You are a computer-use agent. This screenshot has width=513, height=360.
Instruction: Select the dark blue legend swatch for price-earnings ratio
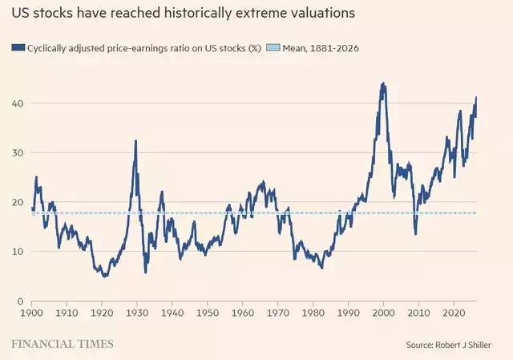tap(18, 48)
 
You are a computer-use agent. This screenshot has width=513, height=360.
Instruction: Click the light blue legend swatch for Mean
tap(273, 48)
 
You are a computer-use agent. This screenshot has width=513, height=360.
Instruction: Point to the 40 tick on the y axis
tap(18, 103)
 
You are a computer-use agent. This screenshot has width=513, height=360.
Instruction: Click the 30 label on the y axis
tap(18, 153)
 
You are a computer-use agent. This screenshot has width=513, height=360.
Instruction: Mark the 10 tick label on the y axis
tap(18, 251)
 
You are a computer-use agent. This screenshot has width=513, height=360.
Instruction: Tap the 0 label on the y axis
tap(20, 301)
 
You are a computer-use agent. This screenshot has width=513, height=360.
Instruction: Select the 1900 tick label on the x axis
tap(31, 313)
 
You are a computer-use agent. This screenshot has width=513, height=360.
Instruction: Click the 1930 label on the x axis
tap(137, 313)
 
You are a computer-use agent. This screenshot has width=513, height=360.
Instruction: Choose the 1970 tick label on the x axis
tap(278, 313)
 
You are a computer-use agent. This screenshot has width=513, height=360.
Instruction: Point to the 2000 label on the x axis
tap(383, 313)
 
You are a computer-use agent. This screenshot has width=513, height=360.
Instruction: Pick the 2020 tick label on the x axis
tap(454, 313)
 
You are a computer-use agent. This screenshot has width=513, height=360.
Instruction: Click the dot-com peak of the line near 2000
tap(383, 83)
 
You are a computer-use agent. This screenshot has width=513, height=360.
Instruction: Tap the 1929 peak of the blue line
tap(135, 141)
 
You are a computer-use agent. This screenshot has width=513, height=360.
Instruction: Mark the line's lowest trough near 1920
tap(105, 276)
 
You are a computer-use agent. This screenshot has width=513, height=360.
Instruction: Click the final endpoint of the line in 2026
tap(476, 97)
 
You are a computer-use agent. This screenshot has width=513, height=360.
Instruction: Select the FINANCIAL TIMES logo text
tap(63, 344)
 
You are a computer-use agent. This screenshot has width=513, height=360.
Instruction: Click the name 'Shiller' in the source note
tap(479, 345)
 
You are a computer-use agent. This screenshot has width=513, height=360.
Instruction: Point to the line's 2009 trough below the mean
tap(415, 233)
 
